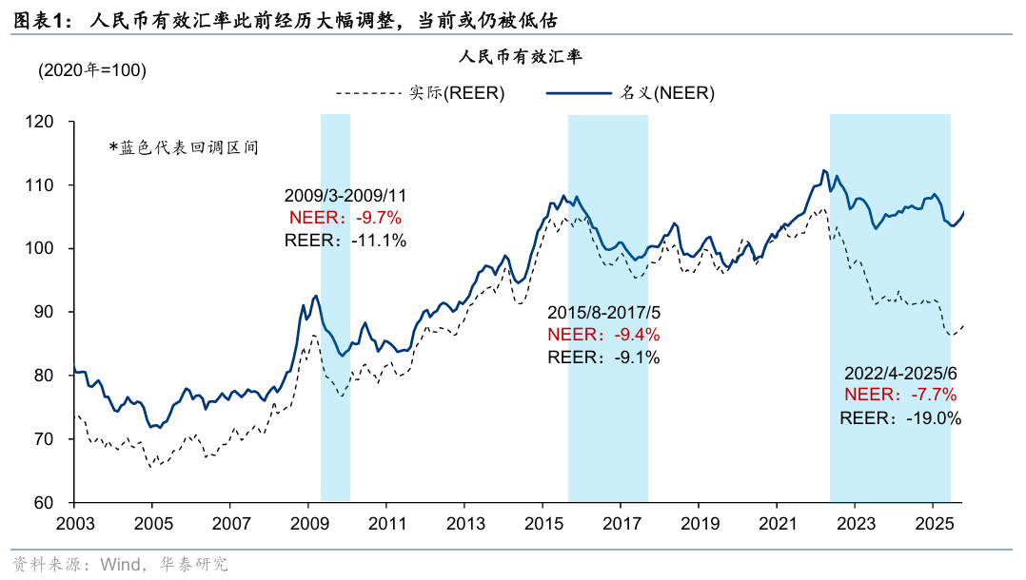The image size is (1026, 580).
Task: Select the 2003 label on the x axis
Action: click(74, 523)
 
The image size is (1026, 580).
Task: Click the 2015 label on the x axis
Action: click(542, 523)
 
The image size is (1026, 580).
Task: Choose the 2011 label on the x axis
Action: click(385, 523)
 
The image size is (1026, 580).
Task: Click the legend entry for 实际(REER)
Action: click(420, 92)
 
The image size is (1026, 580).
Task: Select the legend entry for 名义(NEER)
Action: click(630, 92)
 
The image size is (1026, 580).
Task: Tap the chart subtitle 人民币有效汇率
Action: click(520, 57)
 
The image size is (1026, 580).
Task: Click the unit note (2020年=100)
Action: click(92, 70)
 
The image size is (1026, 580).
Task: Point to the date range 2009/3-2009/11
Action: click(345, 196)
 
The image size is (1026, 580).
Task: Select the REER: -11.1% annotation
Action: click(345, 240)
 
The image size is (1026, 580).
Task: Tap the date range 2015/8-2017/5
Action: click(603, 313)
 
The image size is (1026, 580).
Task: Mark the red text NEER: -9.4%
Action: click(603, 335)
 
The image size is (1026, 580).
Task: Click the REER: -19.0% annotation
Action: click(900, 417)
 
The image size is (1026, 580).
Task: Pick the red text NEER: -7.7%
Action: click(900, 395)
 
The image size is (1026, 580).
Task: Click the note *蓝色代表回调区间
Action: click(183, 147)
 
